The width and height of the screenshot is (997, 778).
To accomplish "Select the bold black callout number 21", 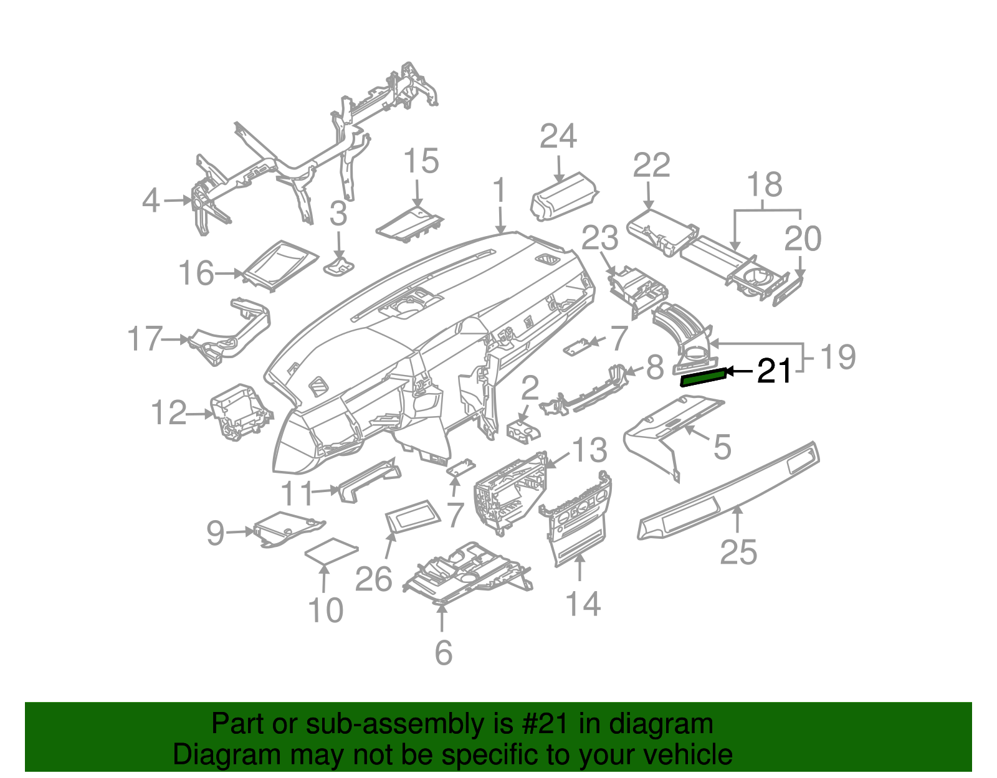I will [774, 371].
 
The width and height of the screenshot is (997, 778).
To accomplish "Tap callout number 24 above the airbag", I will [558, 136].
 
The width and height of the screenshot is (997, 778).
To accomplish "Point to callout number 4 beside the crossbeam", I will [151, 201].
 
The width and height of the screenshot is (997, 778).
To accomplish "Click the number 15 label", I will [421, 161].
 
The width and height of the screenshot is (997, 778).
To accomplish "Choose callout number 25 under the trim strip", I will [738, 552].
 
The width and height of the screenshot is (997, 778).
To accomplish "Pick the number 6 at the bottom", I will [443, 652].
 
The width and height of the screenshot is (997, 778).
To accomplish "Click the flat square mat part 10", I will [331, 551].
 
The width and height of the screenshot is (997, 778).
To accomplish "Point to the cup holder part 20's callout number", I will [803, 239].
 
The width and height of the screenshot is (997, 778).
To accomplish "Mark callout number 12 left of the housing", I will [169, 413].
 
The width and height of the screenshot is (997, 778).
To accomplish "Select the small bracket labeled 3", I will [339, 267].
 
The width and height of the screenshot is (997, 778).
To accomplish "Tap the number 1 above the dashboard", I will [499, 191].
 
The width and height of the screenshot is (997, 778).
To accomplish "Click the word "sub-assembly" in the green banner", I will [362, 724].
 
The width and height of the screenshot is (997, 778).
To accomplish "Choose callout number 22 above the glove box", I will [651, 166].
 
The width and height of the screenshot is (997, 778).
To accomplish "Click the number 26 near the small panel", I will [374, 579].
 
